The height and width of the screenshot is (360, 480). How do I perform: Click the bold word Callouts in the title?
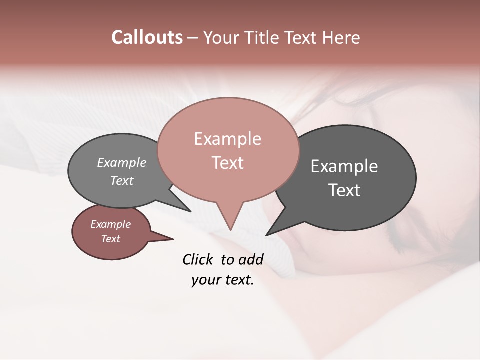click(x=147, y=38)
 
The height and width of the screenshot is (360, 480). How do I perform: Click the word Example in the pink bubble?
click(x=227, y=139)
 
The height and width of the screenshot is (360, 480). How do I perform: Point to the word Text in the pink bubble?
click(x=227, y=163)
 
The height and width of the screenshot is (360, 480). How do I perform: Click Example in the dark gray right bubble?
click(x=344, y=166)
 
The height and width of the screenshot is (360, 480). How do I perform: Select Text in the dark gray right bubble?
click(x=344, y=190)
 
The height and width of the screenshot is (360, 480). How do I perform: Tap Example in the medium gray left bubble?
click(x=121, y=163)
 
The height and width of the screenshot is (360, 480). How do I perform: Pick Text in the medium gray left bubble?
click(x=121, y=180)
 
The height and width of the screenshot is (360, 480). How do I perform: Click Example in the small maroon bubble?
click(x=110, y=224)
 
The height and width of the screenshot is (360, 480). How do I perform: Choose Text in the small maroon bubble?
click(x=110, y=239)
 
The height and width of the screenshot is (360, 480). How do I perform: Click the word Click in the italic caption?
click(x=198, y=259)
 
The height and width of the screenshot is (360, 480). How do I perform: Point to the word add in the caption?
click(x=251, y=259)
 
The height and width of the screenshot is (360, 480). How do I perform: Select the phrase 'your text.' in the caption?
click(x=222, y=280)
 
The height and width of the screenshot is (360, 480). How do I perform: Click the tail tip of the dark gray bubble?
click(x=266, y=235)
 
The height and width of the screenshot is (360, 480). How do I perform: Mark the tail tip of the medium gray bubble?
click(x=190, y=211)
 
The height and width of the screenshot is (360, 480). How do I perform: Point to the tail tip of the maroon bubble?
click(x=173, y=239)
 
